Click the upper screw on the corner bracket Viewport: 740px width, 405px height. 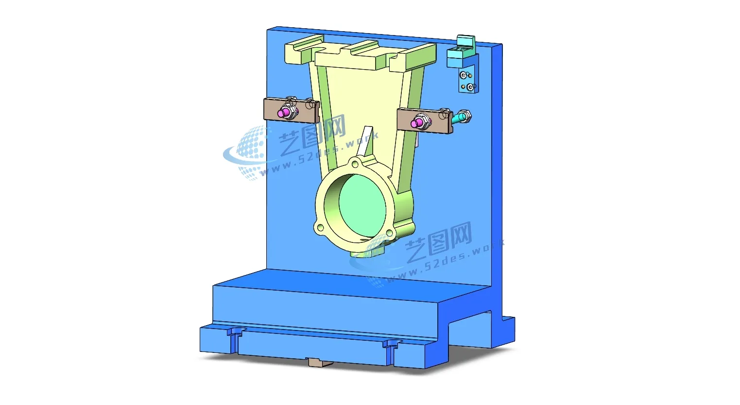coord(464,75)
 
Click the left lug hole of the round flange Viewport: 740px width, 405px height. coord(320,227)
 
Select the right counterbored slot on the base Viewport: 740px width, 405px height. coord(392,346)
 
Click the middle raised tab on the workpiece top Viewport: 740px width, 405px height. coord(361,47)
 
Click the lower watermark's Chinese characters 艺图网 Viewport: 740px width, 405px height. coord(439,240)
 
